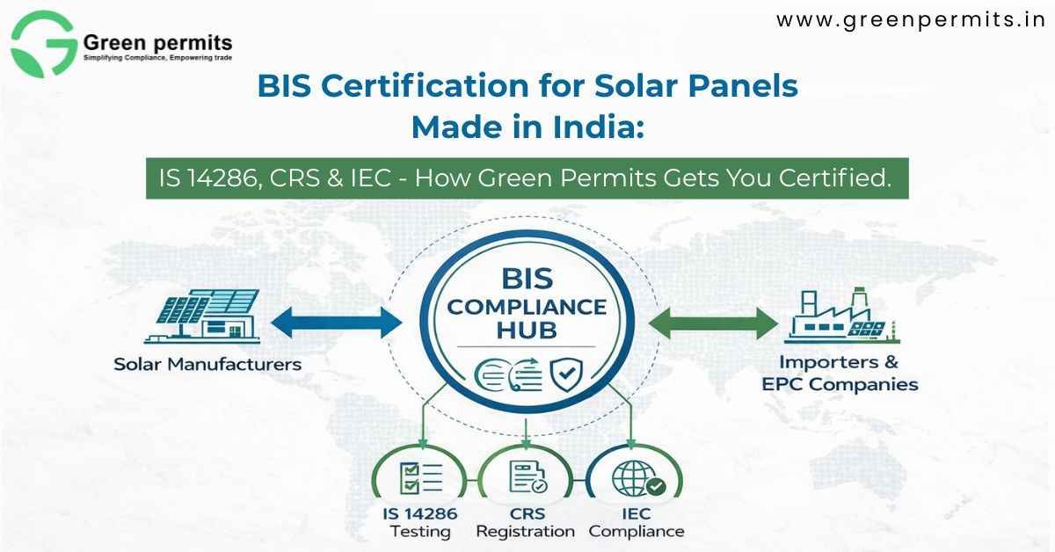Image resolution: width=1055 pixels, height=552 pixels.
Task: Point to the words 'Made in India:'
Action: point(527,127)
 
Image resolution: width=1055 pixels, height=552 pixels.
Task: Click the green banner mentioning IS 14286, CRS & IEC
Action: point(527,179)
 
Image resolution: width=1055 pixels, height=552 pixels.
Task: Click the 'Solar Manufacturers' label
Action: point(207,364)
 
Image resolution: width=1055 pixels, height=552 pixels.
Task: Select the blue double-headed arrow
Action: point(335,322)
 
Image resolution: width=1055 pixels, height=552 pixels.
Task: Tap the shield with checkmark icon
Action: point(564,375)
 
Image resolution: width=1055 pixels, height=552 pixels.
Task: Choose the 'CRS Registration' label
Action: point(525,522)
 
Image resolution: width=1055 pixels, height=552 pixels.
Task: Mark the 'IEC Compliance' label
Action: point(637,522)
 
